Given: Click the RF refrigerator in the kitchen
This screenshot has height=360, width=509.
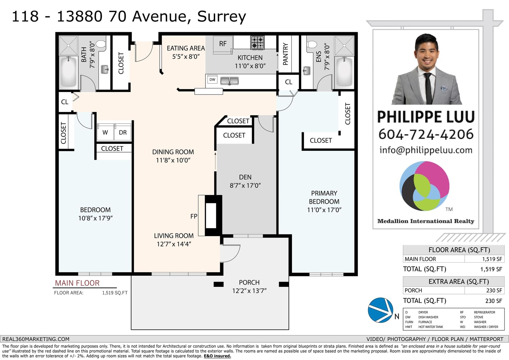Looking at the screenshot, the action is click(223, 45).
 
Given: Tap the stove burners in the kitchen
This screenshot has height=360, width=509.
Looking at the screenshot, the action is click(257, 43).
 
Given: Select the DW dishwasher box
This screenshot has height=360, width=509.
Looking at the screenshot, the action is click(212, 80).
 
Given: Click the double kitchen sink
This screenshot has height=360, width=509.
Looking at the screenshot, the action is click(229, 81).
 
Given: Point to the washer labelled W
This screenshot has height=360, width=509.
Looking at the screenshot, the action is click(105, 132).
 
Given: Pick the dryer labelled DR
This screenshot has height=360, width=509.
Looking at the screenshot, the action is click(123, 132).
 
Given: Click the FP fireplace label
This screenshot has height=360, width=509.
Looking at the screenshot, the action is click(194, 216).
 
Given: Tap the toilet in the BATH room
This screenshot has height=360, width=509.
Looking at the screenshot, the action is click(101, 44).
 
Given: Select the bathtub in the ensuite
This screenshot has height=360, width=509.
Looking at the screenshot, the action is click(344, 72).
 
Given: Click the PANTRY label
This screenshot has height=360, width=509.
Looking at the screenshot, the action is click(285, 54).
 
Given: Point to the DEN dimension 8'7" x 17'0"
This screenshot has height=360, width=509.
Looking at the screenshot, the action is click(245, 186).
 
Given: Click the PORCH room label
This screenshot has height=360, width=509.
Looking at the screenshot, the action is click(249, 282).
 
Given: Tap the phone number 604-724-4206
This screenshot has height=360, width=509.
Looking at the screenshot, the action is click(426, 134).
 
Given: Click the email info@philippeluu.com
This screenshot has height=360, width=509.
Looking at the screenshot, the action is click(426, 150).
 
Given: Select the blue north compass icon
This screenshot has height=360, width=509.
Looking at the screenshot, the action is click(380, 310).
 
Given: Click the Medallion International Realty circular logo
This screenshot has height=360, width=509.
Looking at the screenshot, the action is click(424, 186).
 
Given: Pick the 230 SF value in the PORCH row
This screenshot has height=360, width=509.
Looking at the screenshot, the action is click(494, 290).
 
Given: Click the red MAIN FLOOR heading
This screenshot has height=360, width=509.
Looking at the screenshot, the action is click(77, 283).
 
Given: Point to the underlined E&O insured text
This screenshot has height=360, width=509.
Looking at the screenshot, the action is click(217, 356).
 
